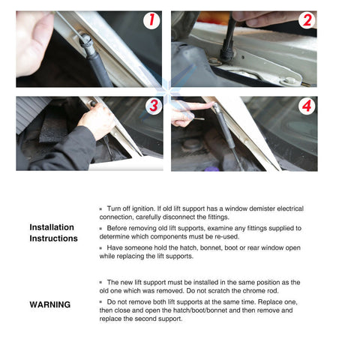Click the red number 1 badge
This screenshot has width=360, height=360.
click(x=151, y=20)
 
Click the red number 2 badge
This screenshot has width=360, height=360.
click(x=307, y=20)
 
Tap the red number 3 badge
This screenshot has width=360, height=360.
click(x=154, y=106)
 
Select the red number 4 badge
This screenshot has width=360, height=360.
click(x=307, y=106)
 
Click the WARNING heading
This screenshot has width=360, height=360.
click(x=50, y=304)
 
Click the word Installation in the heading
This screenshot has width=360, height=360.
click(x=52, y=227)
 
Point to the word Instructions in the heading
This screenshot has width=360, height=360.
click(x=53, y=238)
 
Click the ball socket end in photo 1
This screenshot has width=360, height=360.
click(x=86, y=40)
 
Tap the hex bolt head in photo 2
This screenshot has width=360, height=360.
click(x=290, y=81)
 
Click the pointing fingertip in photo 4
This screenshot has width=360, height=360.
click(x=211, y=104)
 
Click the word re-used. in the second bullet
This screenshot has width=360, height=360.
click(x=227, y=236)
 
